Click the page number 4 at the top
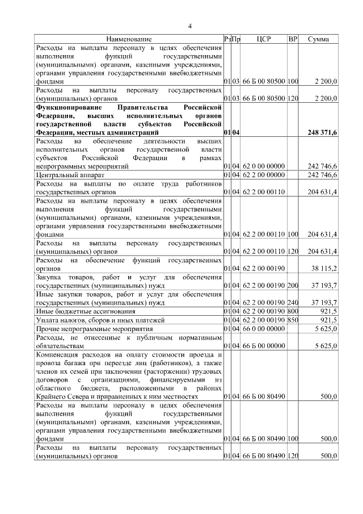point(190,26)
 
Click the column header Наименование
point(129,39)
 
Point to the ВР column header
point(293,39)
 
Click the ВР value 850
point(293,320)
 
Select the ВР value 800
point(293,312)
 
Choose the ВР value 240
point(293,303)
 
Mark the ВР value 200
point(293,285)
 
